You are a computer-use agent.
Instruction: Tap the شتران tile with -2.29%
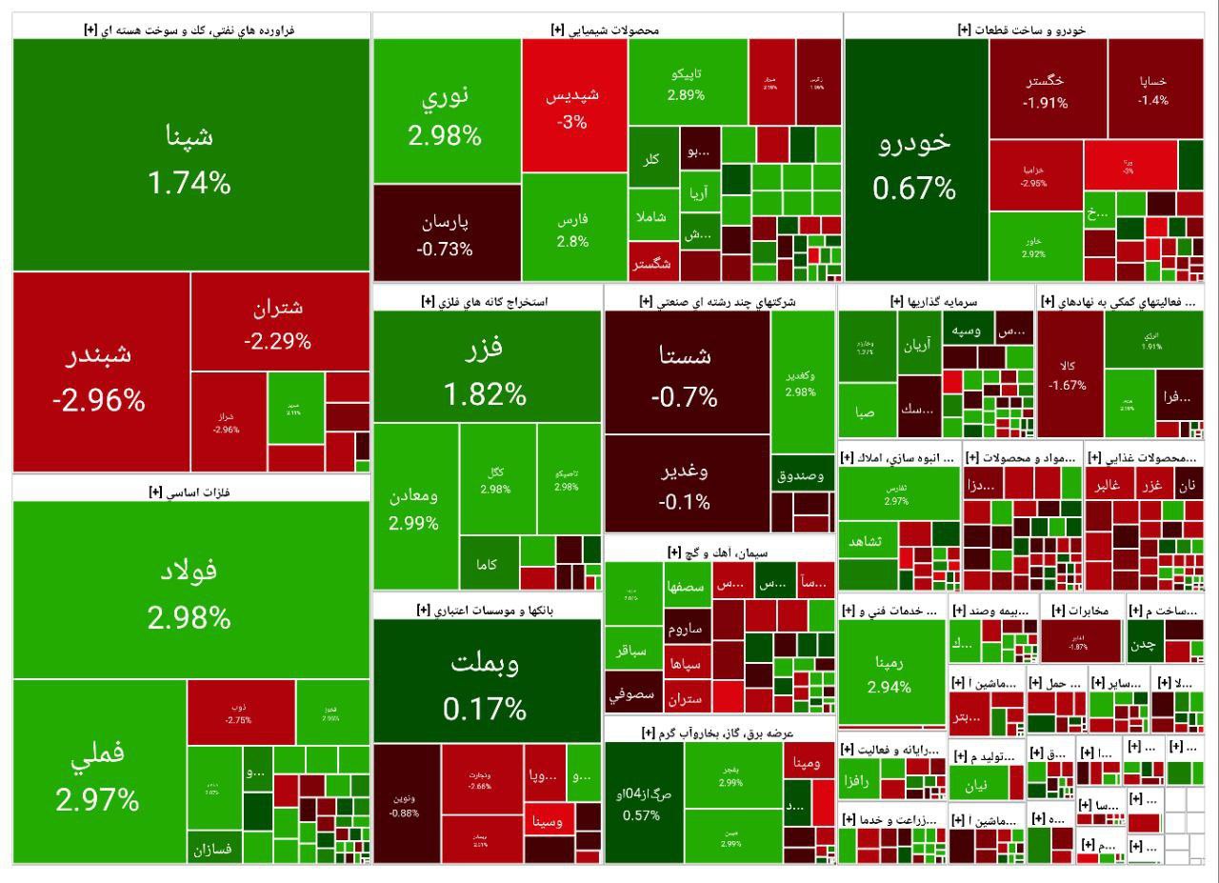point(279,324)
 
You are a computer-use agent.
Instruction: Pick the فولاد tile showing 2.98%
point(190,591)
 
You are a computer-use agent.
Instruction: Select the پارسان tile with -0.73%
point(446,234)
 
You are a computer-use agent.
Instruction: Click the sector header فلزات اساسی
point(190,492)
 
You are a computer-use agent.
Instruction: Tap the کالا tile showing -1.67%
point(1069,374)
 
